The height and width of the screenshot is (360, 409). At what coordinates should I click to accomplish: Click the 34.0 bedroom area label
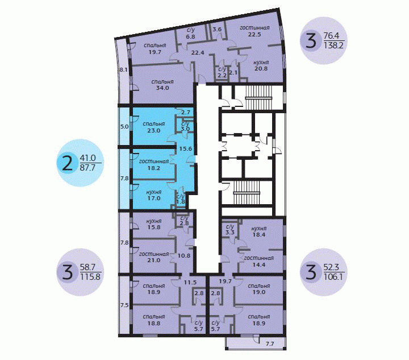[x=162, y=88]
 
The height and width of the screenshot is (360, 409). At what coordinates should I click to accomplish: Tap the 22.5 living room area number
[x=254, y=34]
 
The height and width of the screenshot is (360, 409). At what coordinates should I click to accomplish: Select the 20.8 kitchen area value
[x=261, y=69]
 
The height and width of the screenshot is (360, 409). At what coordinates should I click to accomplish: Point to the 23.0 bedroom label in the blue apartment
[x=153, y=130]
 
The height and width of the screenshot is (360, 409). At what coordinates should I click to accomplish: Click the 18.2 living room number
[x=153, y=168]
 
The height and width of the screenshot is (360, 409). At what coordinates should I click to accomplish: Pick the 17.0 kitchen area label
[x=154, y=198]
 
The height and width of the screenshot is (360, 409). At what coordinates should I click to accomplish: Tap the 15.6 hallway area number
[x=186, y=149]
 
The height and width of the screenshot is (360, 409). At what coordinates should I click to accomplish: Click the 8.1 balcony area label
[x=123, y=70]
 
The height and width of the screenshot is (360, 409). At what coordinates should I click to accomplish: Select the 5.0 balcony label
[x=124, y=127]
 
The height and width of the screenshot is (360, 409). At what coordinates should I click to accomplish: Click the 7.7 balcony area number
[x=270, y=344]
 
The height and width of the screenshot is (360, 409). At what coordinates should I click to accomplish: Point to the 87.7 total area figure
[x=87, y=167]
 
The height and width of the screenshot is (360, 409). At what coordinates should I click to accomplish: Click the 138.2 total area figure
[x=333, y=45]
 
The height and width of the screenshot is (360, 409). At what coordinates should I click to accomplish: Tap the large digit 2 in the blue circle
[x=68, y=163]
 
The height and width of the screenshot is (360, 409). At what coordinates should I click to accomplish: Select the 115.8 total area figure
[x=90, y=276]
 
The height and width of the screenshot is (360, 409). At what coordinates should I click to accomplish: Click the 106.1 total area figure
[x=333, y=276]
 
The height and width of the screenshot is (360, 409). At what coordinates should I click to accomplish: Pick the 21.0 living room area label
[x=154, y=260]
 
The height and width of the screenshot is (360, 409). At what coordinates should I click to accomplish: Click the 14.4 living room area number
[x=259, y=264]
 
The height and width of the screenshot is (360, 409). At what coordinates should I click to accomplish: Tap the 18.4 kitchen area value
[x=259, y=234]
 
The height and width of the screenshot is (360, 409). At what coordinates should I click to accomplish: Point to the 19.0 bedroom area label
[x=259, y=292]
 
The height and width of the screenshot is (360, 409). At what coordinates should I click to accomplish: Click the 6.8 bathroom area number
[x=191, y=36]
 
